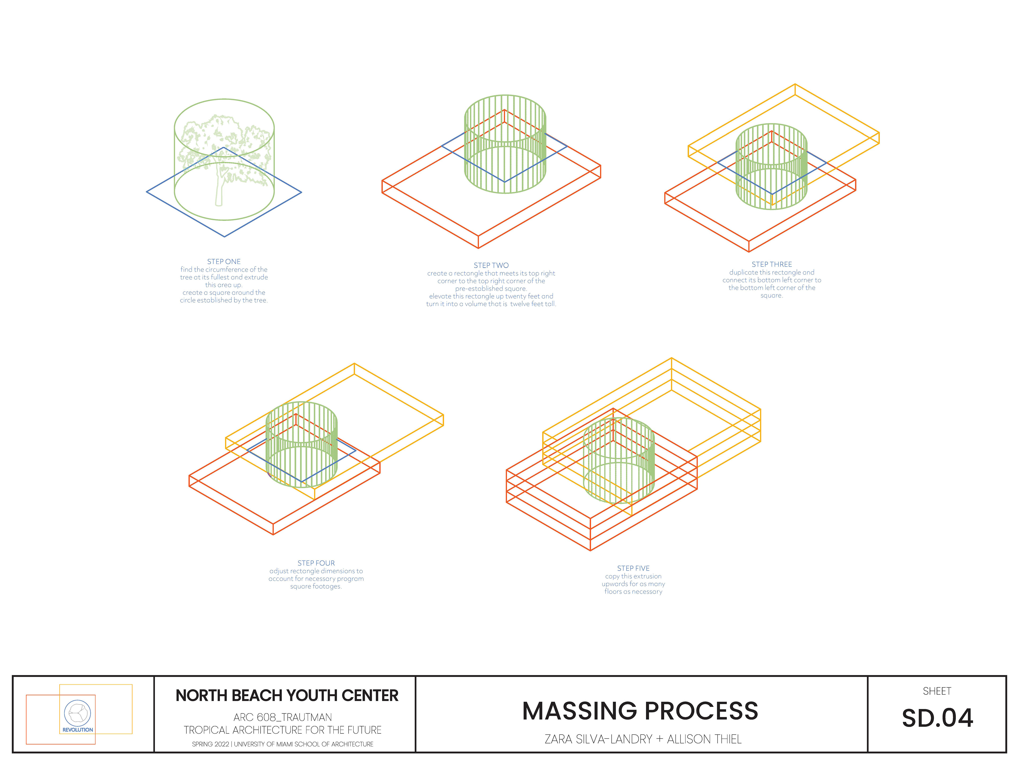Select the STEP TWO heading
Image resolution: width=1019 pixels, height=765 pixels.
[x=491, y=265]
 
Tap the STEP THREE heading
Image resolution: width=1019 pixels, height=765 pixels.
[x=772, y=264]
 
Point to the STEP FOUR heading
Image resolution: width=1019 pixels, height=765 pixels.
[x=316, y=563]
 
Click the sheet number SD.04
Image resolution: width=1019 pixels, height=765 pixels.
[x=938, y=718]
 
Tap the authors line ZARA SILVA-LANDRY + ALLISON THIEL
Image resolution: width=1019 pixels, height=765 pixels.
[x=643, y=739]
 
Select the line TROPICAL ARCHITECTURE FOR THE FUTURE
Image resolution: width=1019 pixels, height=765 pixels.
[x=282, y=730]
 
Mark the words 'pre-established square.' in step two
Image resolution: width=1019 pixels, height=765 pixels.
[x=491, y=289]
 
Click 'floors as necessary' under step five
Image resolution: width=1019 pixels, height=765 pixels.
[x=633, y=592]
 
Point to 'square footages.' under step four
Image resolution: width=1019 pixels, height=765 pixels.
[x=316, y=586]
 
